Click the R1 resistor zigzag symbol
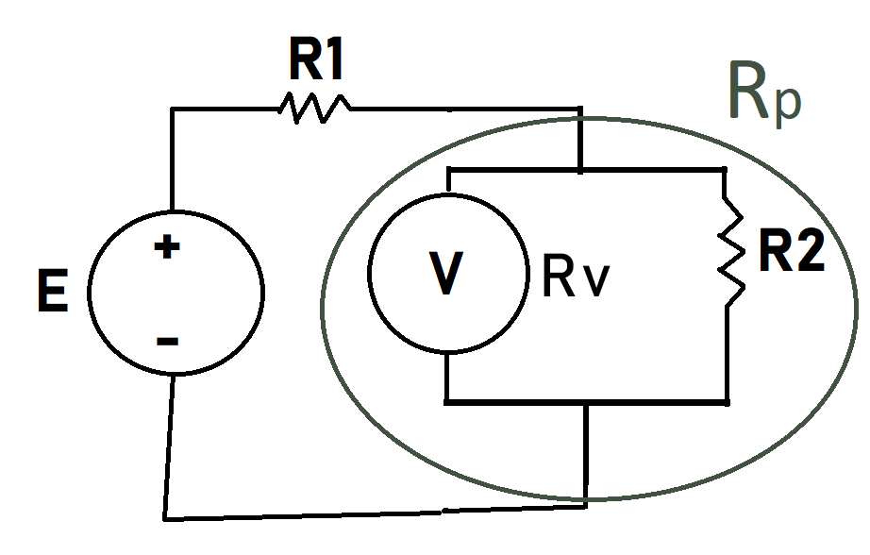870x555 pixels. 313,109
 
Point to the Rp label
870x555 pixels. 763,94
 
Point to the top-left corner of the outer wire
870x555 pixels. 172,110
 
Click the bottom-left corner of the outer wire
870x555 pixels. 166,517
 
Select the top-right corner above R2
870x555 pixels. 725,171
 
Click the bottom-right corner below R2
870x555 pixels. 726,402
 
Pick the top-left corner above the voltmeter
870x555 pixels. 447,171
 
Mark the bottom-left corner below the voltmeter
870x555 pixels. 447,402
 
